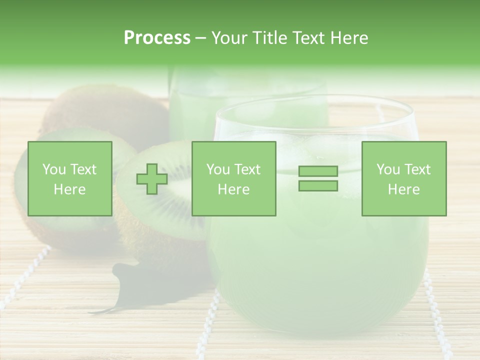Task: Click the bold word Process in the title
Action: click(157, 38)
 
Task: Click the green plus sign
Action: click(152, 179)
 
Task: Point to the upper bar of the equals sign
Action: click(318, 171)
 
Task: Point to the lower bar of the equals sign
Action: click(318, 185)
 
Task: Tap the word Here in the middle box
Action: click(233, 189)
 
